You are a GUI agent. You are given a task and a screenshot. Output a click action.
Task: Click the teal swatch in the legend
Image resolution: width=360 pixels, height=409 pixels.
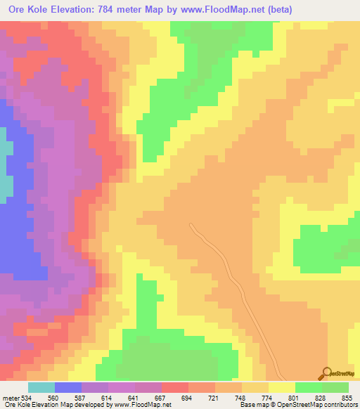[41, 388]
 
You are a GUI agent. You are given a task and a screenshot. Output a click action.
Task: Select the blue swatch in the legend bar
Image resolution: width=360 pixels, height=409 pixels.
[67, 388]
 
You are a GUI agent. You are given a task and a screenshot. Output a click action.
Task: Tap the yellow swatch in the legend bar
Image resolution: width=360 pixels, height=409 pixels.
[281, 388]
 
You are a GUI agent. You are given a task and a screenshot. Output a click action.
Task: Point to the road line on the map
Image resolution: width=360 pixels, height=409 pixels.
[232, 274]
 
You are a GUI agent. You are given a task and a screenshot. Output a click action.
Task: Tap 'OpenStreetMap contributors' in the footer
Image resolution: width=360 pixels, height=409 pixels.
[316, 404]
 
